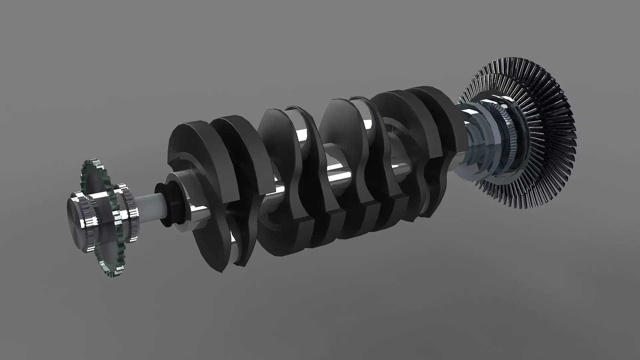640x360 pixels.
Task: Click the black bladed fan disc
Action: click(550, 117)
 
